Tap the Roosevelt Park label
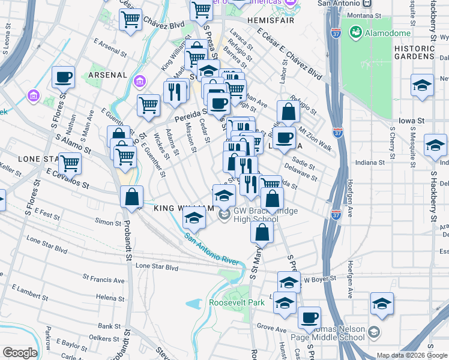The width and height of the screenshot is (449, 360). pos(237,303)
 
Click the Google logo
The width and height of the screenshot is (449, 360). pos(20,353)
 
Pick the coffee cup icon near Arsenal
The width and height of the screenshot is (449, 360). pos(63,79)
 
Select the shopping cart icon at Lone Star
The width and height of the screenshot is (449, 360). pos(70,163)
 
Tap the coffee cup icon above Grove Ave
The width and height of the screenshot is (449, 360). pos(309,317)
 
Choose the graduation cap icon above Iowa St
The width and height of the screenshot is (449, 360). pos(423,86)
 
